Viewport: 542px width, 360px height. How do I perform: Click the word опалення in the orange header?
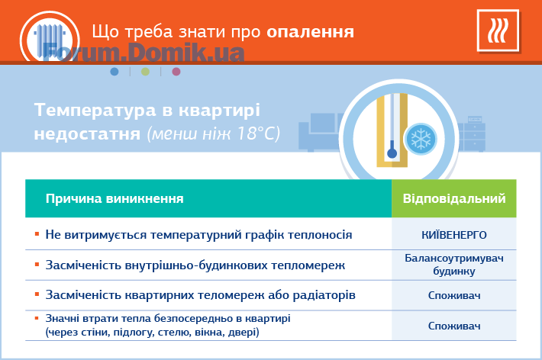(x=310, y=33)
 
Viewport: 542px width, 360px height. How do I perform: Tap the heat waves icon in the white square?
(x=498, y=31)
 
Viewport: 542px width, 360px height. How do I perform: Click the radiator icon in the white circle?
(x=50, y=40)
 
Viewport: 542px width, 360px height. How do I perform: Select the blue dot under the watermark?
(x=115, y=72)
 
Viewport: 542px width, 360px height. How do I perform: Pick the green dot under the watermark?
(x=145, y=72)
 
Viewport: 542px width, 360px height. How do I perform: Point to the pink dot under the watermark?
(x=176, y=72)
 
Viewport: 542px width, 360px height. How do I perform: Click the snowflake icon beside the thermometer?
(x=421, y=140)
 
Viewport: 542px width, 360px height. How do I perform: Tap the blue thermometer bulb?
(x=392, y=153)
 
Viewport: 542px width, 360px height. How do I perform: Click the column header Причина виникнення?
(x=115, y=198)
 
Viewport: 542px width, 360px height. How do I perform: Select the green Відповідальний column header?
(x=454, y=198)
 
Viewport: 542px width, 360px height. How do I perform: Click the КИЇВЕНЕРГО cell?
(x=454, y=235)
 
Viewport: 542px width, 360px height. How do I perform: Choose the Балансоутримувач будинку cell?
(x=454, y=265)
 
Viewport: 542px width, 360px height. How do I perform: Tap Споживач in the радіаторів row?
(x=454, y=295)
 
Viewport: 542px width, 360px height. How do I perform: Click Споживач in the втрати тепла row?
(x=454, y=326)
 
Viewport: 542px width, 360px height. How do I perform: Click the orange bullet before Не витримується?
(x=37, y=235)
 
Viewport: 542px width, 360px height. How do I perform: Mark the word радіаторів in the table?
(x=324, y=295)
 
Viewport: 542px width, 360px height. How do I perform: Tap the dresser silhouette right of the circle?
(x=472, y=134)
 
